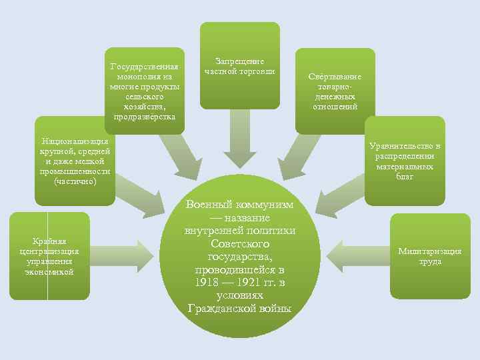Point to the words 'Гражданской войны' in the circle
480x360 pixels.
coord(240,309)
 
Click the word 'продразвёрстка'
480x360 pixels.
coord(145,117)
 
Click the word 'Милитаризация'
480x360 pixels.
coord(430,251)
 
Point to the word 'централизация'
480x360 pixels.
coord(50,251)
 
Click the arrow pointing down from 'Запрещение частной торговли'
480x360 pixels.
coord(240,143)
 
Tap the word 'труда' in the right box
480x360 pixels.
coord(430,261)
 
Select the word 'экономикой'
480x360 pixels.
coord(50,271)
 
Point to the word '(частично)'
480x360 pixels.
coord(75,181)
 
